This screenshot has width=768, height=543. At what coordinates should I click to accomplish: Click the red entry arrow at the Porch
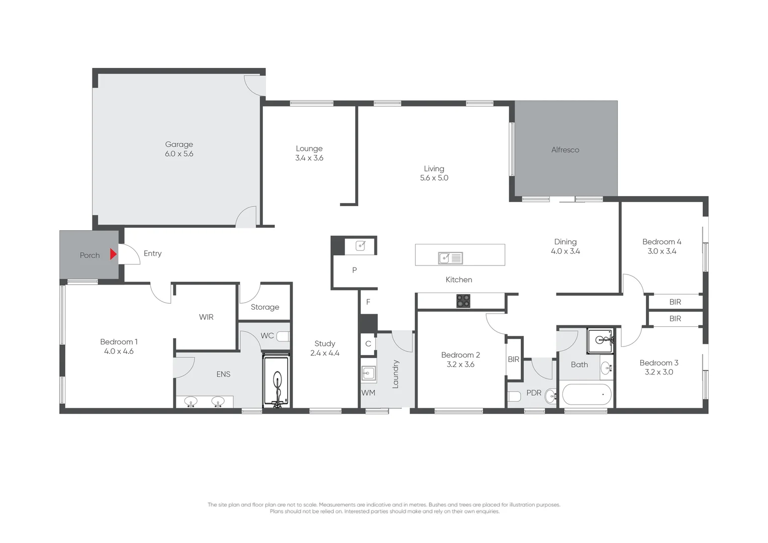[113, 254]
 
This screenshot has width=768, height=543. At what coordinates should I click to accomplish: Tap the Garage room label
[179, 144]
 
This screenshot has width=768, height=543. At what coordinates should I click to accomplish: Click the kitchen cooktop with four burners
[463, 301]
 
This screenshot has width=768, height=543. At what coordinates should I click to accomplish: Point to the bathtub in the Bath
[587, 395]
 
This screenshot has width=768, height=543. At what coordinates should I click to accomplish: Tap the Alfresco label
[565, 150]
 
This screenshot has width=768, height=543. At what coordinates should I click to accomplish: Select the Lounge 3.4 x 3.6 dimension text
[309, 158]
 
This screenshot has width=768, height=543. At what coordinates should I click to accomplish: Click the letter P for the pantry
[354, 270]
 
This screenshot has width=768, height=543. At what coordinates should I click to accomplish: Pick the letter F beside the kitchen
[368, 302]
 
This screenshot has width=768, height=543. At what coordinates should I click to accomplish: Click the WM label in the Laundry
[368, 393]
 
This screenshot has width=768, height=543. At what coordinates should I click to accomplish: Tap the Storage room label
[265, 307]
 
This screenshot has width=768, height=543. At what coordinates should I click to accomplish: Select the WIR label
[206, 317]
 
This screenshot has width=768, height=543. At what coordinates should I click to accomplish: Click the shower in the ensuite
[276, 381]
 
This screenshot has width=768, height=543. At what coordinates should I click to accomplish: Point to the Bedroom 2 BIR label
[513, 359]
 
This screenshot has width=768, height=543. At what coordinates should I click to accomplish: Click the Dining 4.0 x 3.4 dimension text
[565, 251]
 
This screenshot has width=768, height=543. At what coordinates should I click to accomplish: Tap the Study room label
[325, 343]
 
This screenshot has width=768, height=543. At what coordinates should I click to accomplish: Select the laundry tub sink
[368, 373]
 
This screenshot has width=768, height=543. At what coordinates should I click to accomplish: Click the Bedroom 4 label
[661, 242]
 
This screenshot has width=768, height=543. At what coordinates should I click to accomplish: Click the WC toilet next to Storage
[283, 336]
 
